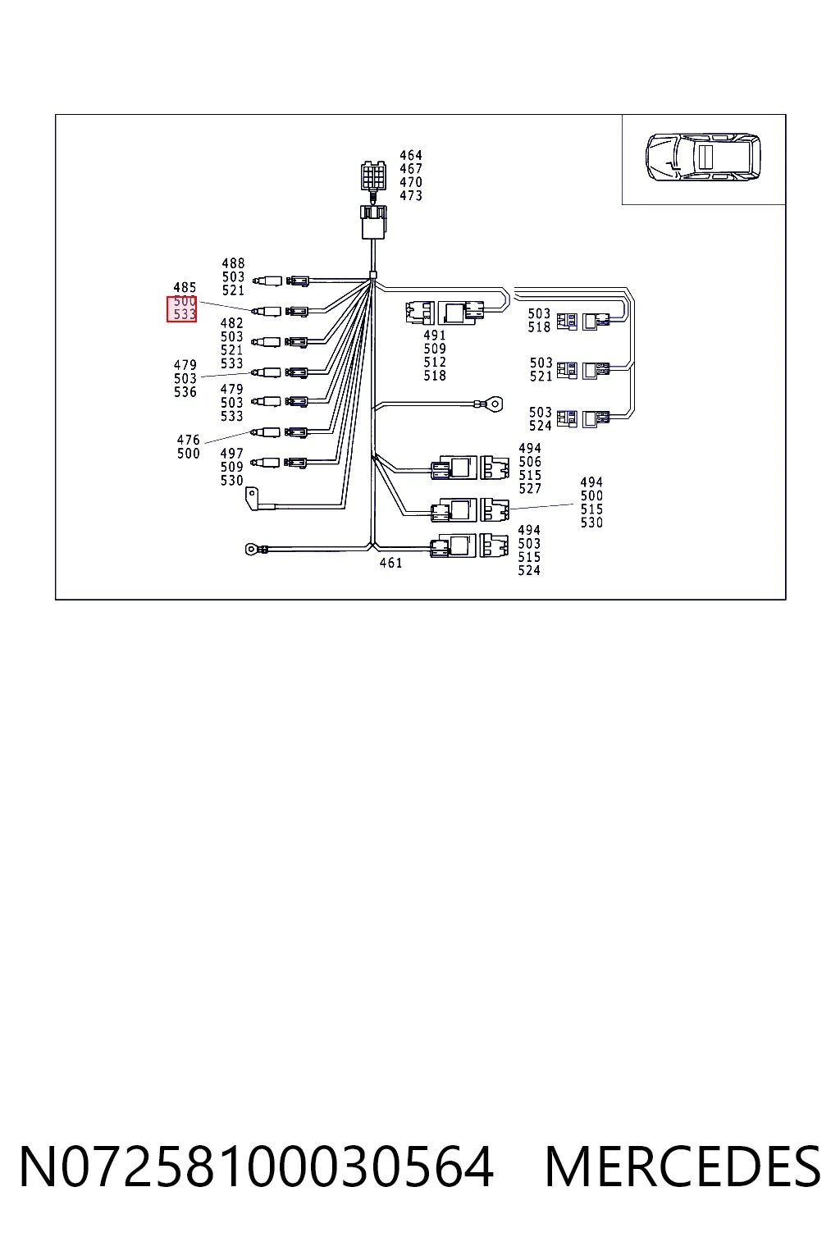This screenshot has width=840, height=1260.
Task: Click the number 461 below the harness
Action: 390,563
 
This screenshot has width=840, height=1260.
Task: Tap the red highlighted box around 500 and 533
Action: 181,308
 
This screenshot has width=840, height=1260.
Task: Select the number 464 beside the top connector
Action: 411,155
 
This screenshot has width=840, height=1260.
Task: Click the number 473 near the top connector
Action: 411,196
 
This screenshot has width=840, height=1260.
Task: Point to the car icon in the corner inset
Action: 703,157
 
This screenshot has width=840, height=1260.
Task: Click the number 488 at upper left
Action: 233,263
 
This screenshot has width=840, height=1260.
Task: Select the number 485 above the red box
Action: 185,287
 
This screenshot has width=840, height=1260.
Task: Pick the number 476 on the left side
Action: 188,440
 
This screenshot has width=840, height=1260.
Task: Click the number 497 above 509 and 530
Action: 231,454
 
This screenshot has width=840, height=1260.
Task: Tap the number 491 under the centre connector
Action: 434,336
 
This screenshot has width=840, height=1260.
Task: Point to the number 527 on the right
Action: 529,489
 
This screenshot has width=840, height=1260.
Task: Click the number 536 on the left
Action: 185,392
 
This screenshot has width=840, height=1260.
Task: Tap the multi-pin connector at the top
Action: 373,176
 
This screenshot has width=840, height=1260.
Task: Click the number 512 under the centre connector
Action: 434,363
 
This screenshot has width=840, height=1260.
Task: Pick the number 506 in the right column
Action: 529,462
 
